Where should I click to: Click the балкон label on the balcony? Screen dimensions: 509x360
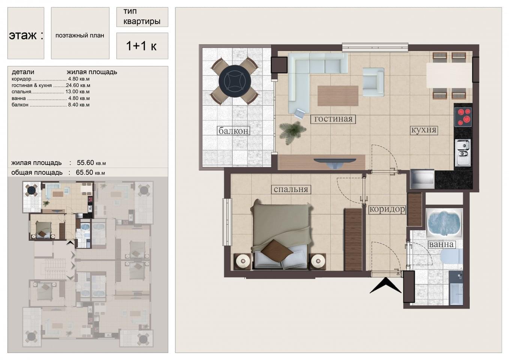[x=234, y=130]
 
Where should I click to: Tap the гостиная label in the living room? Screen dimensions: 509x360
[x=333, y=119]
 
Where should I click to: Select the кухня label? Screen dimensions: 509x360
[x=424, y=130]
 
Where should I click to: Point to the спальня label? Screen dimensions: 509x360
[x=290, y=189]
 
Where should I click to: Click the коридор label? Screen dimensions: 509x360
[x=387, y=209]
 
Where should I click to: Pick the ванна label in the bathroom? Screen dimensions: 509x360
[x=441, y=244]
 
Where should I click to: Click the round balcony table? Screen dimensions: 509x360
[x=235, y=81]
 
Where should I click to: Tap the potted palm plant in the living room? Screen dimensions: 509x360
[x=292, y=132]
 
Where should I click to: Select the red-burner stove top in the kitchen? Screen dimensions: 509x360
[x=463, y=117]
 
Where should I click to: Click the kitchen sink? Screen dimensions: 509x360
[x=463, y=153]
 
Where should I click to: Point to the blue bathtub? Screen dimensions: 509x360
[x=444, y=223]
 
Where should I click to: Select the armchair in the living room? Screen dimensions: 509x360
[x=373, y=82]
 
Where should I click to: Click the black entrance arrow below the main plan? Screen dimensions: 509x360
[x=385, y=285]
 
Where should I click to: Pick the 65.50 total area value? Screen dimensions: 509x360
[x=85, y=172]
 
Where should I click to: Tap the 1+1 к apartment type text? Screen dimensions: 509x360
[x=141, y=46]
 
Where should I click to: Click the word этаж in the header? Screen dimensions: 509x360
[x=23, y=36]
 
